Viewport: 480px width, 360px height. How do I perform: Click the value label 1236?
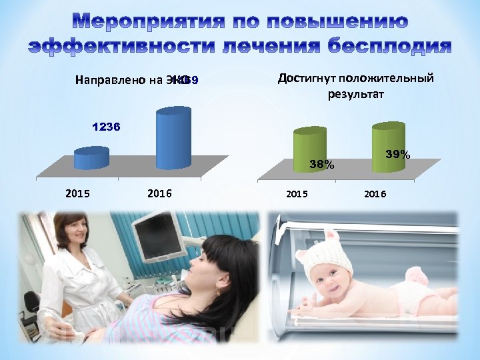coord(106,126)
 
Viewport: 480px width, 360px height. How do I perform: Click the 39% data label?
coord(398,154)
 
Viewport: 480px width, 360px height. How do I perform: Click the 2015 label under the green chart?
coord(297,194)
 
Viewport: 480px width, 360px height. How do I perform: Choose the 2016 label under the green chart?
coord(374,194)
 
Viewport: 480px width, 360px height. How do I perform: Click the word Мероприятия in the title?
coord(144,22)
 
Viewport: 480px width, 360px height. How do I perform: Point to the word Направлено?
coord(109,81)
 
